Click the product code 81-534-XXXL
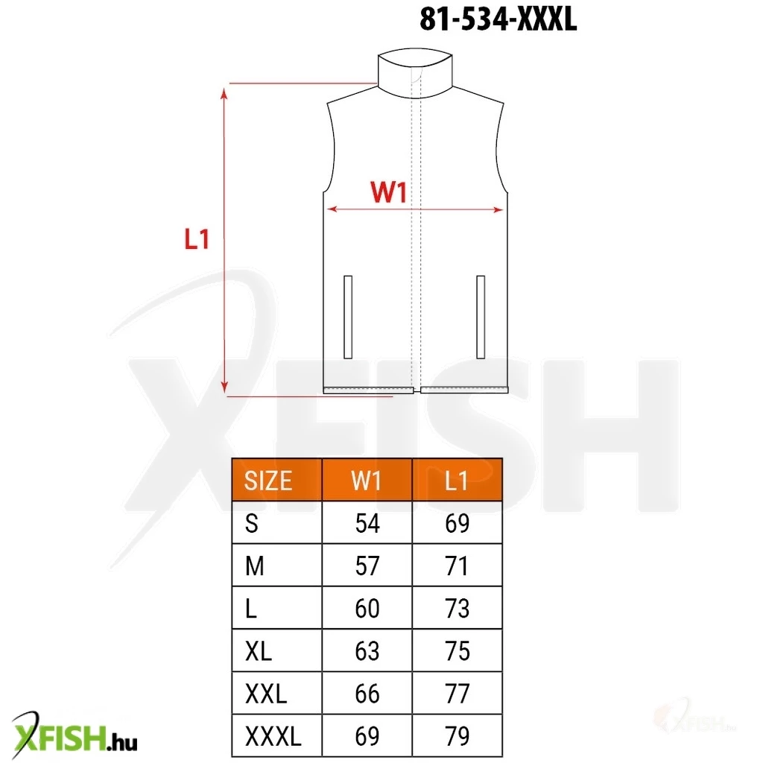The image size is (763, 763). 498,19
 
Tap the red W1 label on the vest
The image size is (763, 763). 388,191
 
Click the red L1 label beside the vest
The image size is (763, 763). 197,239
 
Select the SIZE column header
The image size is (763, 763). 268,481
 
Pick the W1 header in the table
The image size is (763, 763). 367,481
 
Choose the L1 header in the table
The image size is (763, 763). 457,481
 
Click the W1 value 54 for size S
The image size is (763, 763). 367,524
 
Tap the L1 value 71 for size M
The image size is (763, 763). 457,566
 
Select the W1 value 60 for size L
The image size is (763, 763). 367,609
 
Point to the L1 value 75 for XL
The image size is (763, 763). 458,651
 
